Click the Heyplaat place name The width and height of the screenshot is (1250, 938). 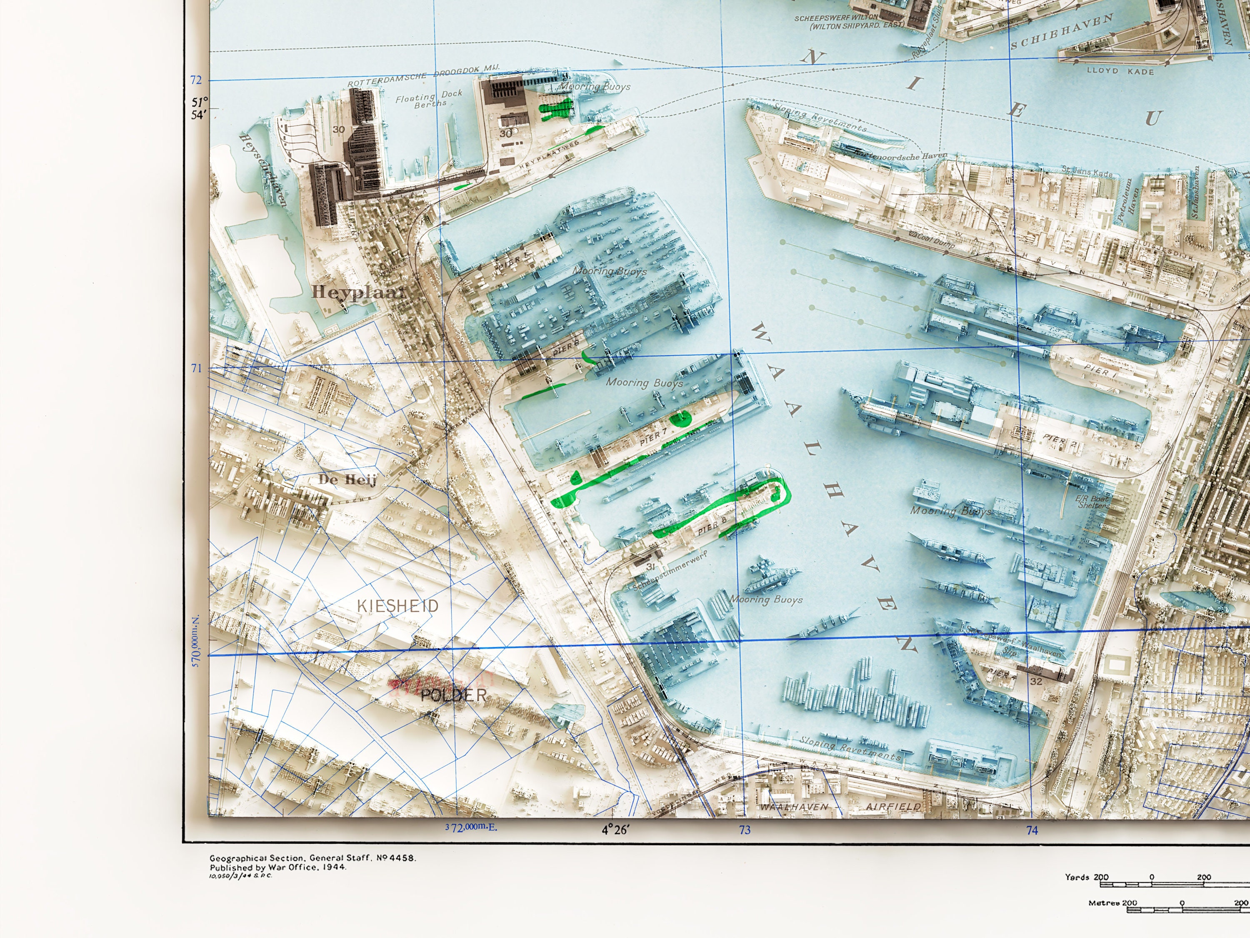click(x=359, y=292)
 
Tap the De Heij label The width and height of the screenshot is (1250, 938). click(x=347, y=479)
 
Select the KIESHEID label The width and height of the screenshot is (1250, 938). click(x=398, y=606)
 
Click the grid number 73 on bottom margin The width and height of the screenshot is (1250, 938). click(x=745, y=830)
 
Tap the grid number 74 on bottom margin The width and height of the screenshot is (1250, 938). click(x=1032, y=830)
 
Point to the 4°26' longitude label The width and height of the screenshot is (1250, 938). click(x=615, y=830)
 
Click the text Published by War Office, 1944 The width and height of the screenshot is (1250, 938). click(x=278, y=867)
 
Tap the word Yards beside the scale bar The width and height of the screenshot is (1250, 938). click(x=1077, y=878)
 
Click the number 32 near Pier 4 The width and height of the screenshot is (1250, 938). click(x=1036, y=681)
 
